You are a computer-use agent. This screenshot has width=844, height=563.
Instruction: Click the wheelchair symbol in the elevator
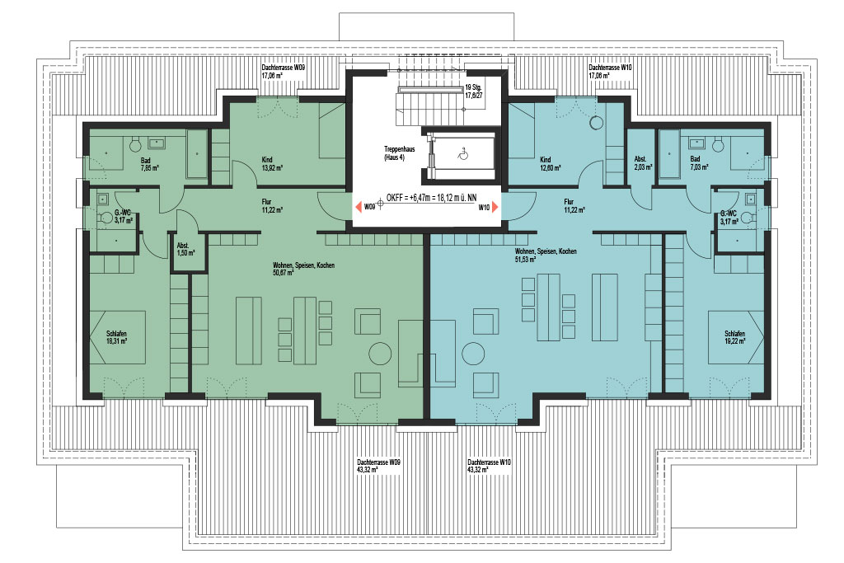463,154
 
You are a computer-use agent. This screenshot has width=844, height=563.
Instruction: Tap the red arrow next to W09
358,207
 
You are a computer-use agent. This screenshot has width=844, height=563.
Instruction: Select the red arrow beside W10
495,207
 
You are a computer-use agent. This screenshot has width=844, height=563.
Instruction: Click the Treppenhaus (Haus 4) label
399,153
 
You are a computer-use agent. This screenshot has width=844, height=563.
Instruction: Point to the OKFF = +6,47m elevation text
431,198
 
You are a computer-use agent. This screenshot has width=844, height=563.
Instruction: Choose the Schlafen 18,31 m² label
117,337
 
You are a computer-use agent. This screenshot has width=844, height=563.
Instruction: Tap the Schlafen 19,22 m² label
734,337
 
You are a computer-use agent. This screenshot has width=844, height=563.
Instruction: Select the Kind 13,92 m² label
272,164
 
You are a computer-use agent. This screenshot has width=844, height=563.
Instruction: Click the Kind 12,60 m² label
550,164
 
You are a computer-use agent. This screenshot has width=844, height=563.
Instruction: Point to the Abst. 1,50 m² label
185,249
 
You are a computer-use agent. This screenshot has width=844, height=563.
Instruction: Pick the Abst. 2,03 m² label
643,163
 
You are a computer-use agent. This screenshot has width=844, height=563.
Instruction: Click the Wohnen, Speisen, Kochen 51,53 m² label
546,256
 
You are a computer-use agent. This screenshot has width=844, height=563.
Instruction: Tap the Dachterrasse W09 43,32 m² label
378,466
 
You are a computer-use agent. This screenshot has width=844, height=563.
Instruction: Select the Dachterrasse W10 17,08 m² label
610,72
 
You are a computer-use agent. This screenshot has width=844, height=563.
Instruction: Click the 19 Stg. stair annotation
474,91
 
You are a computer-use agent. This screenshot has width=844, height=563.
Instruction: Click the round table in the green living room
380,354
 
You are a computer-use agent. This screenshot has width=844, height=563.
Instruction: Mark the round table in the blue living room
473,354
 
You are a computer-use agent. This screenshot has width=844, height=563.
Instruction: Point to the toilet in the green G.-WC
105,218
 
